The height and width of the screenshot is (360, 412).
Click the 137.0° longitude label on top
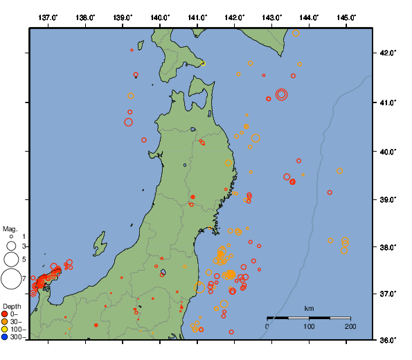coord(48,17)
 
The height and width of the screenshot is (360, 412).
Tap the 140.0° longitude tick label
coord(160,17)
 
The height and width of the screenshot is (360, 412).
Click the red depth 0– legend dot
coord(5,314)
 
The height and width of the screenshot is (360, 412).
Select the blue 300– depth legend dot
coord(5,337)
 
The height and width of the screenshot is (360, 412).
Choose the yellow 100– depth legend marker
coord(5,330)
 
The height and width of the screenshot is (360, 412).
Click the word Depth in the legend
coord(12,306)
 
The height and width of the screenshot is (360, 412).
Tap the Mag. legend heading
coord(10,228)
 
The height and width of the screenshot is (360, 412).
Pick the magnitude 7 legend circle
coord(11,279)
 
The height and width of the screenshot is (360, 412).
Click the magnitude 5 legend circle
coord(10,260)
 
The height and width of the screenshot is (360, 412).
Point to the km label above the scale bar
coord(309,308)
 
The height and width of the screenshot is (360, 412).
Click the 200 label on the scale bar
coord(350,326)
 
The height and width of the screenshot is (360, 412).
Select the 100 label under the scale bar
coord(309,326)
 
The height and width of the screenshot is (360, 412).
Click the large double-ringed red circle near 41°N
coord(281,94)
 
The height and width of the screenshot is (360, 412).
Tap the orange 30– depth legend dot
coord(5,322)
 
